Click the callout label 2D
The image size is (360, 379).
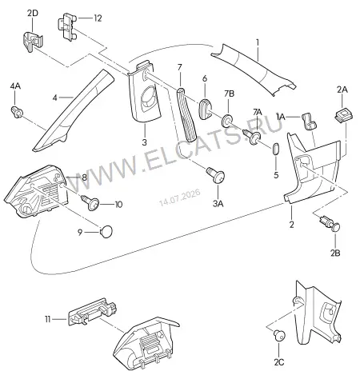pyautogui.click(x=33, y=13)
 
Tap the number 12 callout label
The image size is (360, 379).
pyautogui.click(x=98, y=18)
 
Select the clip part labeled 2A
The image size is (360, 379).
pyautogui.click(x=342, y=116)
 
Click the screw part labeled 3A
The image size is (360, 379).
pyautogui.click(x=215, y=174)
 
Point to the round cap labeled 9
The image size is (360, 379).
pyautogui.click(x=106, y=231)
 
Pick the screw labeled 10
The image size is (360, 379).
pyautogui.click(x=90, y=203)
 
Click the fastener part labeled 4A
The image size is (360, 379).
pyautogui.click(x=17, y=112)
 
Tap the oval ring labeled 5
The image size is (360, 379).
pyautogui.click(x=276, y=149)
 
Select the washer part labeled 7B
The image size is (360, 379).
pyautogui.click(x=227, y=120)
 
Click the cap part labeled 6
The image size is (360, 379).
pyautogui.click(x=205, y=110)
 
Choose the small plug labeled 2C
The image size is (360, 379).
pyautogui.click(x=279, y=335)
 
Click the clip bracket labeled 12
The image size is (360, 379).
pyautogui.click(x=67, y=26)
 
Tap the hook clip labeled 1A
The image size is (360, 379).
pyautogui.click(x=309, y=122)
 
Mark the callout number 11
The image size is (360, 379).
pyautogui.click(x=47, y=319)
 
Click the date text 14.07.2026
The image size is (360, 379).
pyautogui.click(x=180, y=197)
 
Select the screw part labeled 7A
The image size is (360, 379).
pyautogui.click(x=252, y=137)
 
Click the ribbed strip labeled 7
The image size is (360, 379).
pyautogui.click(x=186, y=115)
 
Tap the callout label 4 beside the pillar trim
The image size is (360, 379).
pyautogui.click(x=54, y=98)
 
